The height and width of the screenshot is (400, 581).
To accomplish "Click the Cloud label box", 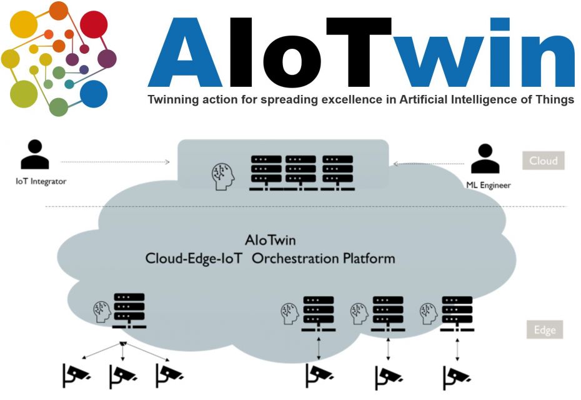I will click(x=543, y=161).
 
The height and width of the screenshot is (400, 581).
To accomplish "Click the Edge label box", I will click(x=544, y=330).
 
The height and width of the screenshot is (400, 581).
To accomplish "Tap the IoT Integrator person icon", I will click(x=34, y=154).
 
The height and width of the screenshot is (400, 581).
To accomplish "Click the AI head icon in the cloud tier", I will click(x=224, y=174).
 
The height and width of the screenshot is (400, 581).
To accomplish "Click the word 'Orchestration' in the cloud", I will click(x=291, y=258).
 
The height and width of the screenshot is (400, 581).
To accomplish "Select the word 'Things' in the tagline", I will click(x=552, y=100).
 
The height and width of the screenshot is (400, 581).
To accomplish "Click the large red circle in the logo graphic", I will click(x=92, y=24).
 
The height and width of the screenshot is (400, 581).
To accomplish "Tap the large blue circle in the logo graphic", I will click(x=92, y=94).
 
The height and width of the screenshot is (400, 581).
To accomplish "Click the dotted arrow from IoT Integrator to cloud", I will click(x=116, y=162).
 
